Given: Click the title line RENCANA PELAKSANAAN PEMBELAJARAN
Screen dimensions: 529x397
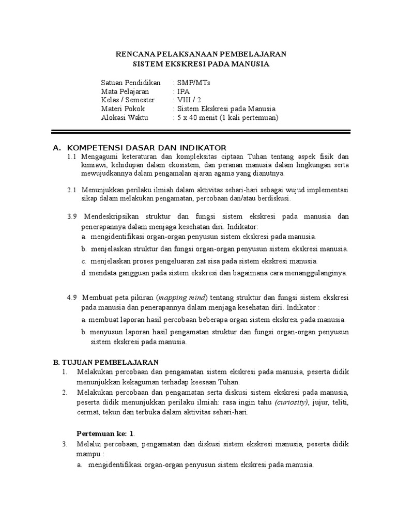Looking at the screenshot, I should pos(200,54).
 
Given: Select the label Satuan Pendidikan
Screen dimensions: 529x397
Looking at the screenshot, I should pos(130,82).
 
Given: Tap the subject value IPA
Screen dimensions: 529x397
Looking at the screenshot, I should pos(182,91).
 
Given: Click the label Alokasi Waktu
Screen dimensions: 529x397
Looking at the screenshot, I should pos(124,118).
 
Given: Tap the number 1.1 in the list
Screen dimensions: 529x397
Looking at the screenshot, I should pos(72,157).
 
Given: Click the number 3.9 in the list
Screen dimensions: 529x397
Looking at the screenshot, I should pos(72,216).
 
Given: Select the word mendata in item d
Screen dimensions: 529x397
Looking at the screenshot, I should pos(100,273).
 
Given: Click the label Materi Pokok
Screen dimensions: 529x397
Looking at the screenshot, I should pos(123,109).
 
